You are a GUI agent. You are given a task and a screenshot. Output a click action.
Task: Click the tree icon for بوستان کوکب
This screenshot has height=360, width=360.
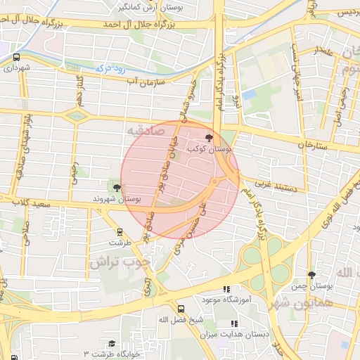point(208,138)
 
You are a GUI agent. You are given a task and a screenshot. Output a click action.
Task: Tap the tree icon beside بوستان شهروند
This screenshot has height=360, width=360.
point(116,187)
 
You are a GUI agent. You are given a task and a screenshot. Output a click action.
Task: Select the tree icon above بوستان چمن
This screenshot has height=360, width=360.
point(312,275)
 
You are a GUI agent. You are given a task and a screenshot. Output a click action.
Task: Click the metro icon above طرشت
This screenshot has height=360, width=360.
point(120,231)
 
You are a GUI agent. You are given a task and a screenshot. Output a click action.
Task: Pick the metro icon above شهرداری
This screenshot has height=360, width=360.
point(16,58)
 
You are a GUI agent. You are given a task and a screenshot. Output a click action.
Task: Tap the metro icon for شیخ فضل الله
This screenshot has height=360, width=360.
point(181,309)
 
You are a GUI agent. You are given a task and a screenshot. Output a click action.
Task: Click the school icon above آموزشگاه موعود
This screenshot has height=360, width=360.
point(226,289)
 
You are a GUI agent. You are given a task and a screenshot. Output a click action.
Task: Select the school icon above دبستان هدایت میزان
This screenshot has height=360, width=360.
point(234,323)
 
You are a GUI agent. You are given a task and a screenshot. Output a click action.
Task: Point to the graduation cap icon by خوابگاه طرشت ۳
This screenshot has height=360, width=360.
point(111,343)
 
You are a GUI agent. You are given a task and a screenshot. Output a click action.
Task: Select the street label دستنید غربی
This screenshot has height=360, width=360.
point(271,184)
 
